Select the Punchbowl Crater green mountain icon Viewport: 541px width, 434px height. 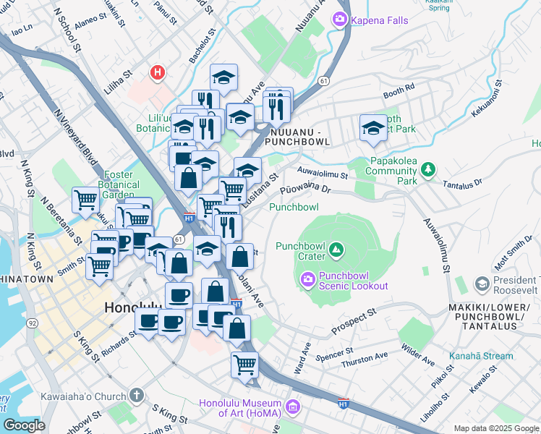click(336, 250)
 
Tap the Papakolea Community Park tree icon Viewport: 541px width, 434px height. click(429, 169)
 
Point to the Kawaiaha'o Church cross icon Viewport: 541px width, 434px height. click(137, 396)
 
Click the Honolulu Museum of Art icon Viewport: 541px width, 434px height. click(293, 409)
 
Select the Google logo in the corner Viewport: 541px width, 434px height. click(24, 425)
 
